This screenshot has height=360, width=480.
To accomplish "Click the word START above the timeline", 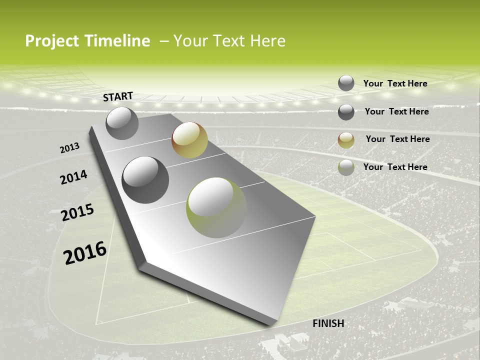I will coord(118,96).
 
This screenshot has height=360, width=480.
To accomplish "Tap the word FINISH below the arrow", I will coord(328,323).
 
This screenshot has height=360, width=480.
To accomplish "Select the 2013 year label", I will coord(70,148).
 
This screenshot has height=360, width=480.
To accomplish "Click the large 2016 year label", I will coord(85,253).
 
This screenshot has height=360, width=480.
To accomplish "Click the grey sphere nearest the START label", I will coord(122,123).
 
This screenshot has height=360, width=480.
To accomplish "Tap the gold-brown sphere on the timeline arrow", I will coord(189,140).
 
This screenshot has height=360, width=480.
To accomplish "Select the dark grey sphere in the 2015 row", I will coord(145,180).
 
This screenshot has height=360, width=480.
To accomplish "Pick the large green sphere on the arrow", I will coord(216,207).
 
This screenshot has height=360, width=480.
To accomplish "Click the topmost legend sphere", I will coord(346,83).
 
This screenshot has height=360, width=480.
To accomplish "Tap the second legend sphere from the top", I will coord(346,112).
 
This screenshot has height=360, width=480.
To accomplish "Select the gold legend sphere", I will coord(346,140).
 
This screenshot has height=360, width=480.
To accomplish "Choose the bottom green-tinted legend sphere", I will coord(346,167).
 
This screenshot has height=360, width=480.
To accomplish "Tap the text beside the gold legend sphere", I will coord(397,139).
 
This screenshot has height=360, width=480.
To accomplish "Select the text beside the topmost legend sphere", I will coord(395,83).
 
